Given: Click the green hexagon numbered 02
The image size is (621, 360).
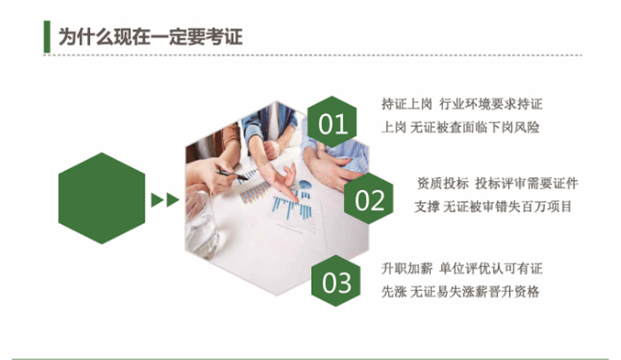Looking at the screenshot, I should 369,200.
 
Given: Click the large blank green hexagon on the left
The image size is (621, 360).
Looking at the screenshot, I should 101,198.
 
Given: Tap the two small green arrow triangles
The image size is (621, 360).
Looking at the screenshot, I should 165,200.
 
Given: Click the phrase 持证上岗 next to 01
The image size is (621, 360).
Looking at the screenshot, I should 406,104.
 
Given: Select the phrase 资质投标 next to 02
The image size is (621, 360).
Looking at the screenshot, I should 442,183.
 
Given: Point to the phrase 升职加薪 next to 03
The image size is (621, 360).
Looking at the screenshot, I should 406,268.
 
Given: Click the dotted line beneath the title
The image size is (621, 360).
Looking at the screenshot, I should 310,55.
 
